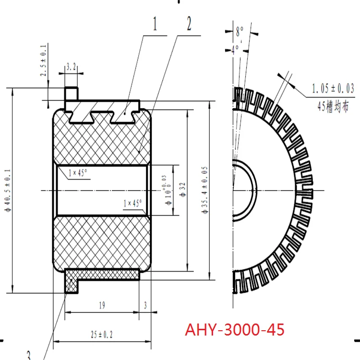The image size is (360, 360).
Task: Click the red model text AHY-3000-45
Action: coord(234,330)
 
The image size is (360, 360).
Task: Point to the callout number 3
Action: coord(29,355)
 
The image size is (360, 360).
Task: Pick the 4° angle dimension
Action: coord(235,48)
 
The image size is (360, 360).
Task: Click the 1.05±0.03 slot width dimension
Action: coord(333,88)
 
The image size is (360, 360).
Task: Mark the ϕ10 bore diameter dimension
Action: coord(168,190)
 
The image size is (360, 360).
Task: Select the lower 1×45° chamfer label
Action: coord(132,203)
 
